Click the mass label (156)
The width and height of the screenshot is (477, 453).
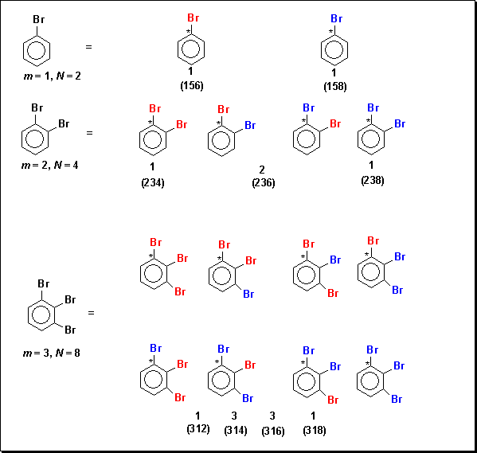[x=192, y=85]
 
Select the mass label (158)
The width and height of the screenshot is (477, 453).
[x=335, y=87]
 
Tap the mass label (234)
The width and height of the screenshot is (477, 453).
[x=153, y=182]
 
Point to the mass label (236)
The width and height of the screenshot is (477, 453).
[x=264, y=182]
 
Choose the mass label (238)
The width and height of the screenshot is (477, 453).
[x=373, y=181]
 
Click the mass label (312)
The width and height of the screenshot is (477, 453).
[x=198, y=428]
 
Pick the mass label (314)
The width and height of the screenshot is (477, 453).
[x=236, y=430]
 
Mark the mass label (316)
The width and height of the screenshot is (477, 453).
[x=273, y=431]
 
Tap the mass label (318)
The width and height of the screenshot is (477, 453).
[x=315, y=430]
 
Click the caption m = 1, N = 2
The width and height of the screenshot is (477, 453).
[x=53, y=76]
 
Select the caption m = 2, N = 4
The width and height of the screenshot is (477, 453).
[x=50, y=165]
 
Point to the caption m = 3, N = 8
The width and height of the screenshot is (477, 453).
[x=52, y=353]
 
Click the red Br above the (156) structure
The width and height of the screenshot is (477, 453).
[x=194, y=18]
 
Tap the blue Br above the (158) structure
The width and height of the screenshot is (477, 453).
[x=337, y=19]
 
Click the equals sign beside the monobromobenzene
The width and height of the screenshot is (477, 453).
[x=88, y=47]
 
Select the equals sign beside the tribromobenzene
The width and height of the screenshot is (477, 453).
[x=91, y=313]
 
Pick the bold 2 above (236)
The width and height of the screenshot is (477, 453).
[x=262, y=170]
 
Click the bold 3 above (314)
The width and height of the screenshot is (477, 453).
[x=234, y=416]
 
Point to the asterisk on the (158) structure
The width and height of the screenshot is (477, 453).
[x=330, y=32]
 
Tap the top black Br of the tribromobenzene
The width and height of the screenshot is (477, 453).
[x=44, y=283]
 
